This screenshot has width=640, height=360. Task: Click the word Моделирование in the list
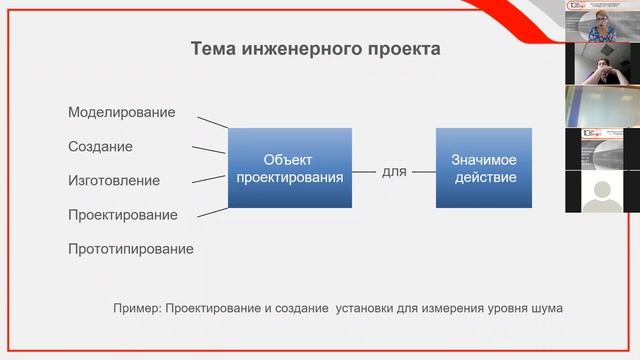point(121,112)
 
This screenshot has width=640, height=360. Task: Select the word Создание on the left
point(100,146)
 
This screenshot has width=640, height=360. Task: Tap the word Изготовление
point(113,181)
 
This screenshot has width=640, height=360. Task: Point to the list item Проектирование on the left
point(122,215)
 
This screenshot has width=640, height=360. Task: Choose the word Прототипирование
point(130,249)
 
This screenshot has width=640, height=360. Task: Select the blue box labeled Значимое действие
point(485,168)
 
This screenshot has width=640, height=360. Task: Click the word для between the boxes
point(394,172)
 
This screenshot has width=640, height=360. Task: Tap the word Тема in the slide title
point(215,49)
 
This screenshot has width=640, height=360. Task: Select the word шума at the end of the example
point(546,308)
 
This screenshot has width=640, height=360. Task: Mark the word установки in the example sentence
point(361,308)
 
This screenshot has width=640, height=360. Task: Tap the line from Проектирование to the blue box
point(212,206)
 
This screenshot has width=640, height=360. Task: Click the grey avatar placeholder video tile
point(602,191)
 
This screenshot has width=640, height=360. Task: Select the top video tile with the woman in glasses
point(602,21)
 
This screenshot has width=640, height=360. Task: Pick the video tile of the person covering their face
point(602,64)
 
